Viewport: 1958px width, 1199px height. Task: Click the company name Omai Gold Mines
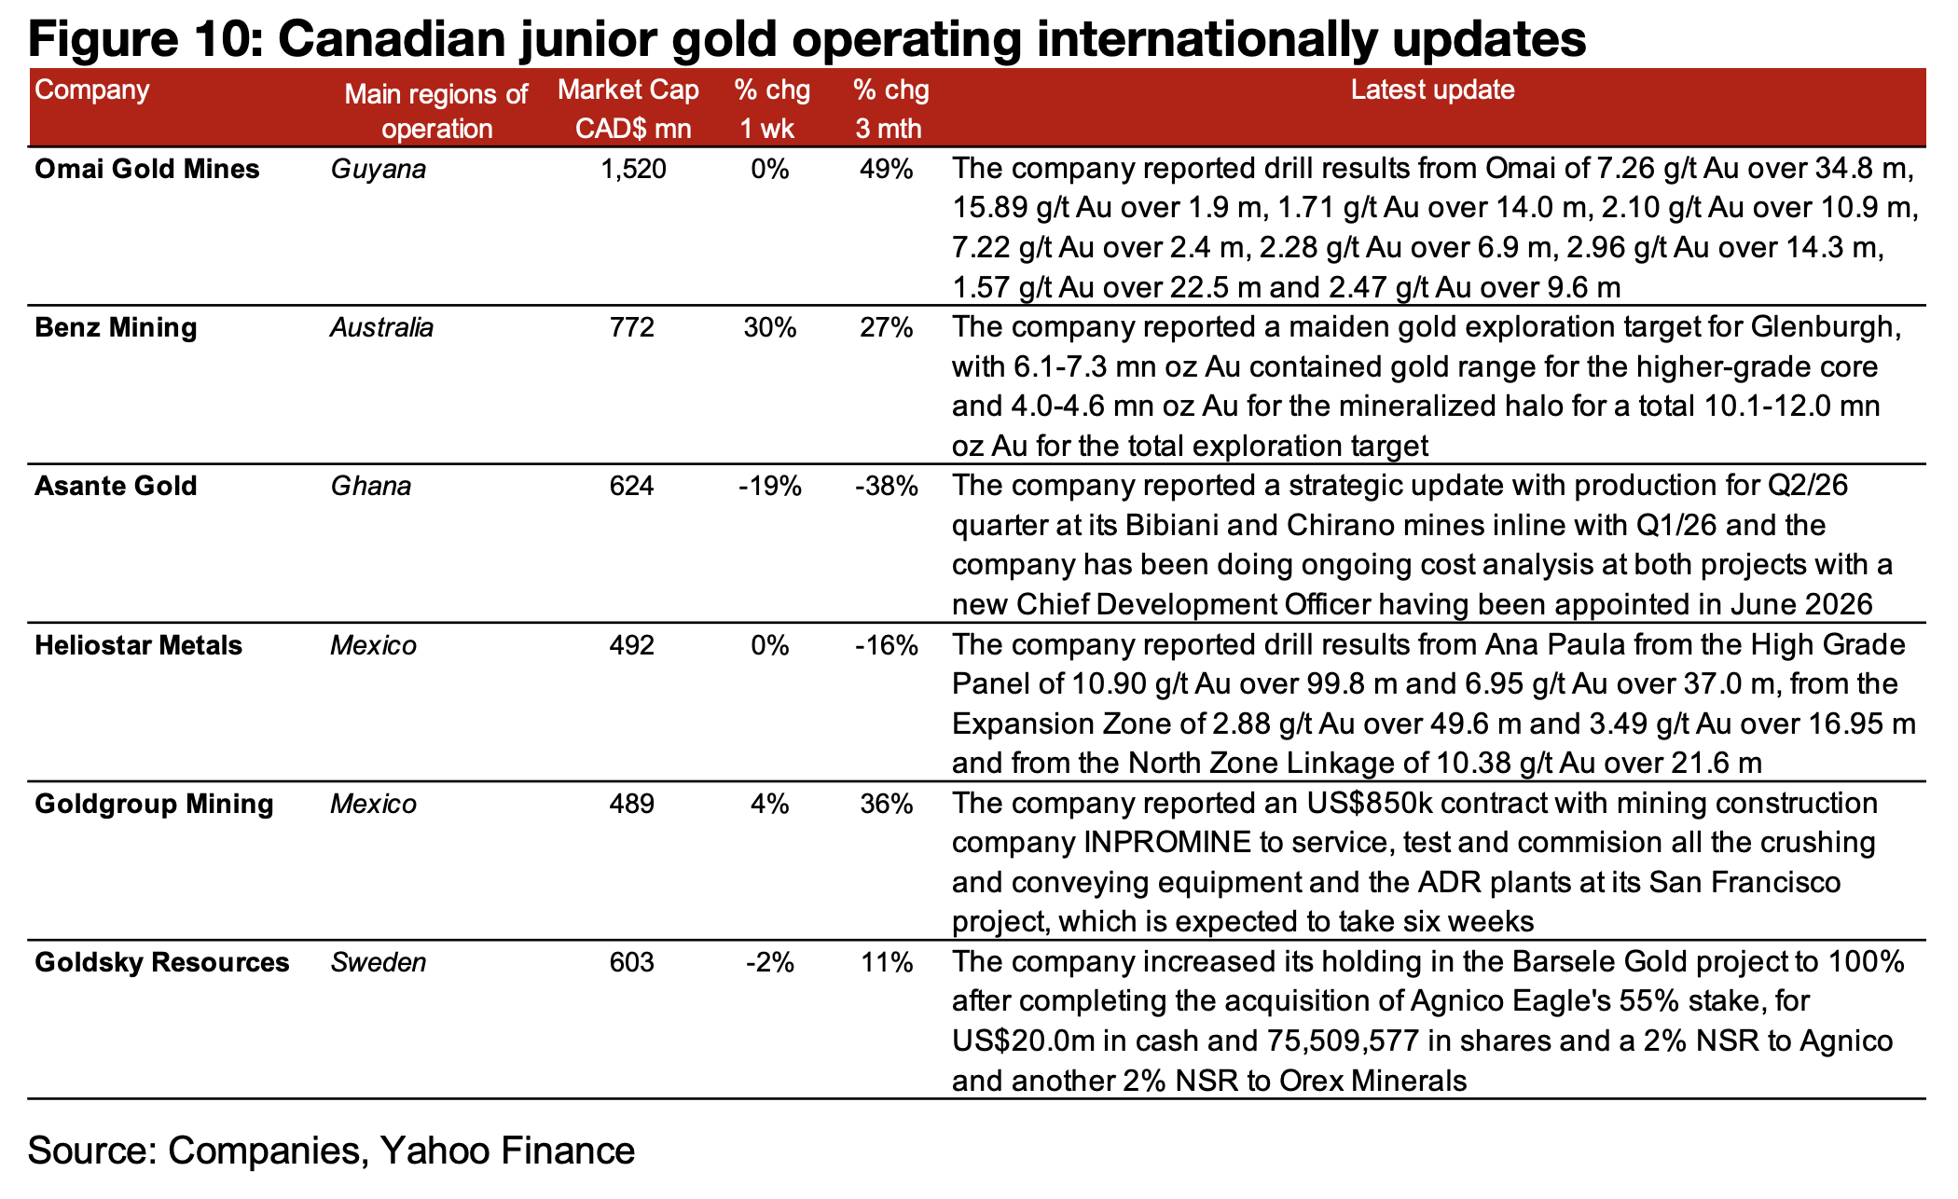[x=147, y=169]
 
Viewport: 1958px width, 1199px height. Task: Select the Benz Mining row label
[x=116, y=328]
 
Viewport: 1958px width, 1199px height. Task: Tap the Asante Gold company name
[x=116, y=486]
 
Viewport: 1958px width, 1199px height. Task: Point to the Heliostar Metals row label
[x=138, y=645]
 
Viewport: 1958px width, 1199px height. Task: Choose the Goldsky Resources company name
[x=162, y=962]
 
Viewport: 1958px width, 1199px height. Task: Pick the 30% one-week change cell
[x=770, y=328]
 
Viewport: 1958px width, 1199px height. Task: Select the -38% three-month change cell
[x=887, y=486]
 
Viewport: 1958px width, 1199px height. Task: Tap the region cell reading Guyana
[x=379, y=170]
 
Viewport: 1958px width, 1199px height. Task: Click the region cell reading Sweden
[x=379, y=962]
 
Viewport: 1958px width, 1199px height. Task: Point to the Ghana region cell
[x=371, y=486]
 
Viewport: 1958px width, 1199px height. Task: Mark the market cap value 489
[x=632, y=804]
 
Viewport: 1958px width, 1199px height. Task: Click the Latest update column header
[x=1433, y=90]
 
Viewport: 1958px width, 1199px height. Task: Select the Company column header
[x=92, y=90]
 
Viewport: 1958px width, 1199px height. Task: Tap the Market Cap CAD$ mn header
[x=630, y=108]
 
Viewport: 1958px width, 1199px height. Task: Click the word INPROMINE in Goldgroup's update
[x=1166, y=843]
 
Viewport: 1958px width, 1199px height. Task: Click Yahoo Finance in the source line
[x=508, y=1151]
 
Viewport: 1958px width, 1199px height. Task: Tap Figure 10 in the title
[x=134, y=39]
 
